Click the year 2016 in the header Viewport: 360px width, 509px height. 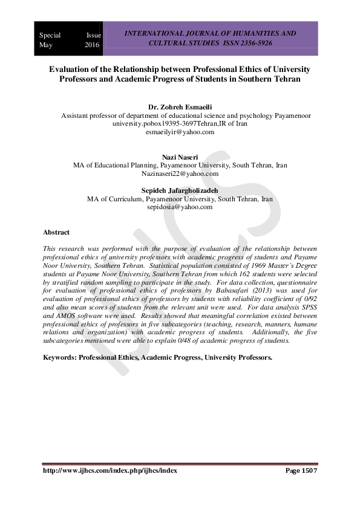click(93, 45)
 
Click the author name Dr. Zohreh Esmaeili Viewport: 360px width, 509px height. click(180, 106)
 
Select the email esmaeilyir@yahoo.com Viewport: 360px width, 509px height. click(180, 131)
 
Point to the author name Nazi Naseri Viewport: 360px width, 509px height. click(180, 157)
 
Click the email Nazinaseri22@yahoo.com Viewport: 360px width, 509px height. click(180, 173)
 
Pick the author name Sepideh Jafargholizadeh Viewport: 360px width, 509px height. click(180, 190)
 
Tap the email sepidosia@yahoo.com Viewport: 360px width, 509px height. click(180, 207)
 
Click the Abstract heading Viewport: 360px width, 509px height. click(56, 232)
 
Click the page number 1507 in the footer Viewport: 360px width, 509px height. click(309, 470)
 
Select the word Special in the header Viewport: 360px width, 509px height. click(50, 35)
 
